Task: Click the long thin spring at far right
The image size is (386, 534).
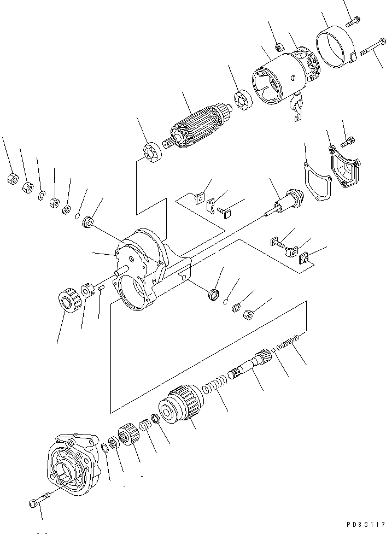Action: (289, 345)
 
